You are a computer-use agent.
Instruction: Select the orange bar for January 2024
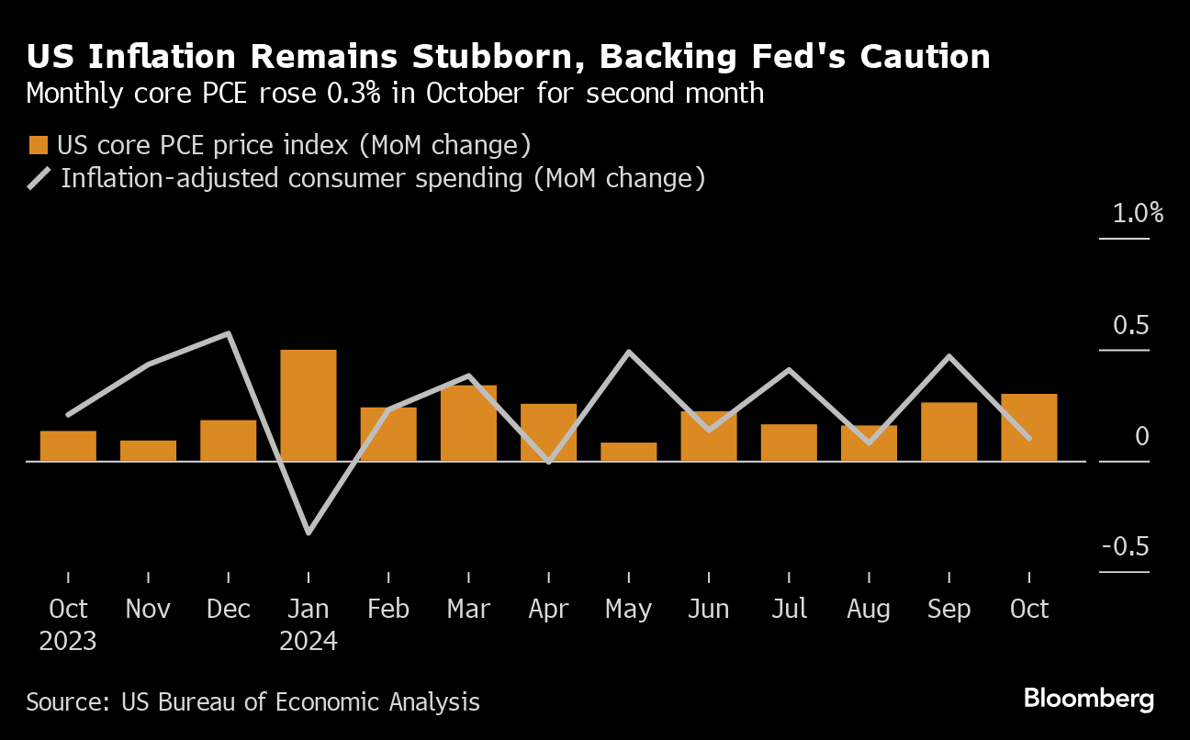308,405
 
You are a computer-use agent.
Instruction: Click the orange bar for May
628,452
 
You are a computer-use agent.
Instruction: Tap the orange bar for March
468,422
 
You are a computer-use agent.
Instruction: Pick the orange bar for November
148,451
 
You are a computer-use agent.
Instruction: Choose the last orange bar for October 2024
1028,427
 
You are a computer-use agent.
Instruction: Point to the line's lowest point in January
308,533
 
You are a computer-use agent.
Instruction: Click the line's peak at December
228,333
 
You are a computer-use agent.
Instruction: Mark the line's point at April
548,462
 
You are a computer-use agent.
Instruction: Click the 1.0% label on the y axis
1138,215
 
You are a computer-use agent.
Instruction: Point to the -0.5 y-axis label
1125,547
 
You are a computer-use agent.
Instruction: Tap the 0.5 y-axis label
1130,326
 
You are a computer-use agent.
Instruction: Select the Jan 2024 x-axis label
308,624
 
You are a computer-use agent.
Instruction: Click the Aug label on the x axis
868,610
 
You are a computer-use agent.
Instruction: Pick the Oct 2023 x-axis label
68,624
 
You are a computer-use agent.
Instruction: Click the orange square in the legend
39,145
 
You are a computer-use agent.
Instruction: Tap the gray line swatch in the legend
39,177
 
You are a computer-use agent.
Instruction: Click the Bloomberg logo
1088,699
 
